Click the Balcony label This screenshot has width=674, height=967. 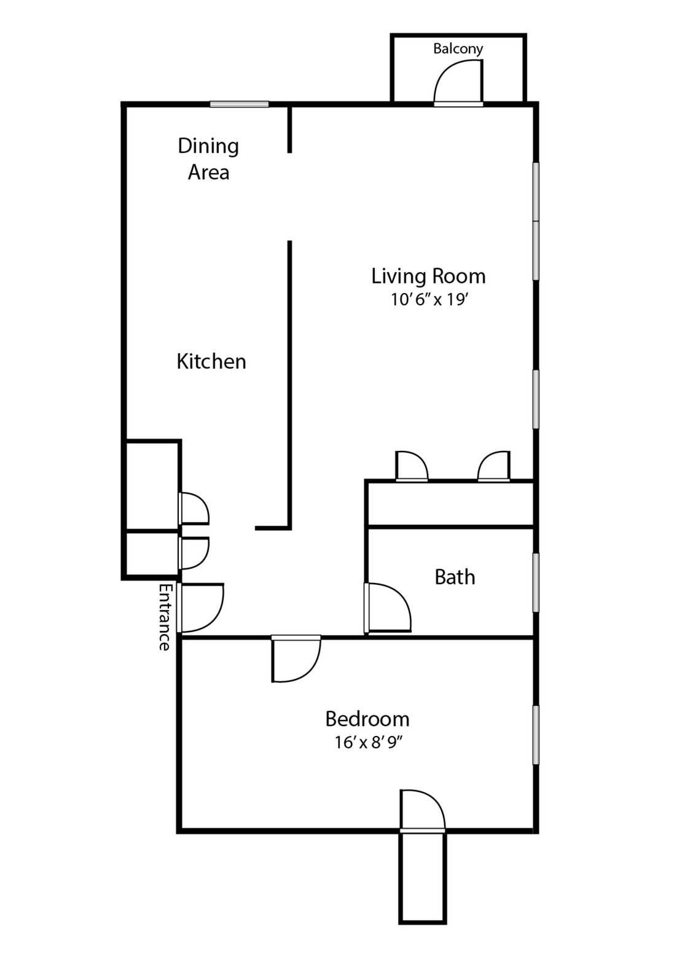click(458, 49)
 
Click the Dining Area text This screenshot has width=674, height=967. click(208, 159)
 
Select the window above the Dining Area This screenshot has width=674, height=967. click(239, 104)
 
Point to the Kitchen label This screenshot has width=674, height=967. click(211, 361)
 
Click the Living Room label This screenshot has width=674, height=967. click(428, 276)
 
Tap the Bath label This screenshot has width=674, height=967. click(455, 577)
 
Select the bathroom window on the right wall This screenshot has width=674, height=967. click(536, 582)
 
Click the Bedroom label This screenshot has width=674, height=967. click(367, 718)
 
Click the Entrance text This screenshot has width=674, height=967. click(164, 617)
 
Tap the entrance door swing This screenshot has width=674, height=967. click(201, 608)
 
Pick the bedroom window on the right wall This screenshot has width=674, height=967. click(536, 735)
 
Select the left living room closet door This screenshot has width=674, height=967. click(410, 467)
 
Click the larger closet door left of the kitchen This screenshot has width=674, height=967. click(194, 508)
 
